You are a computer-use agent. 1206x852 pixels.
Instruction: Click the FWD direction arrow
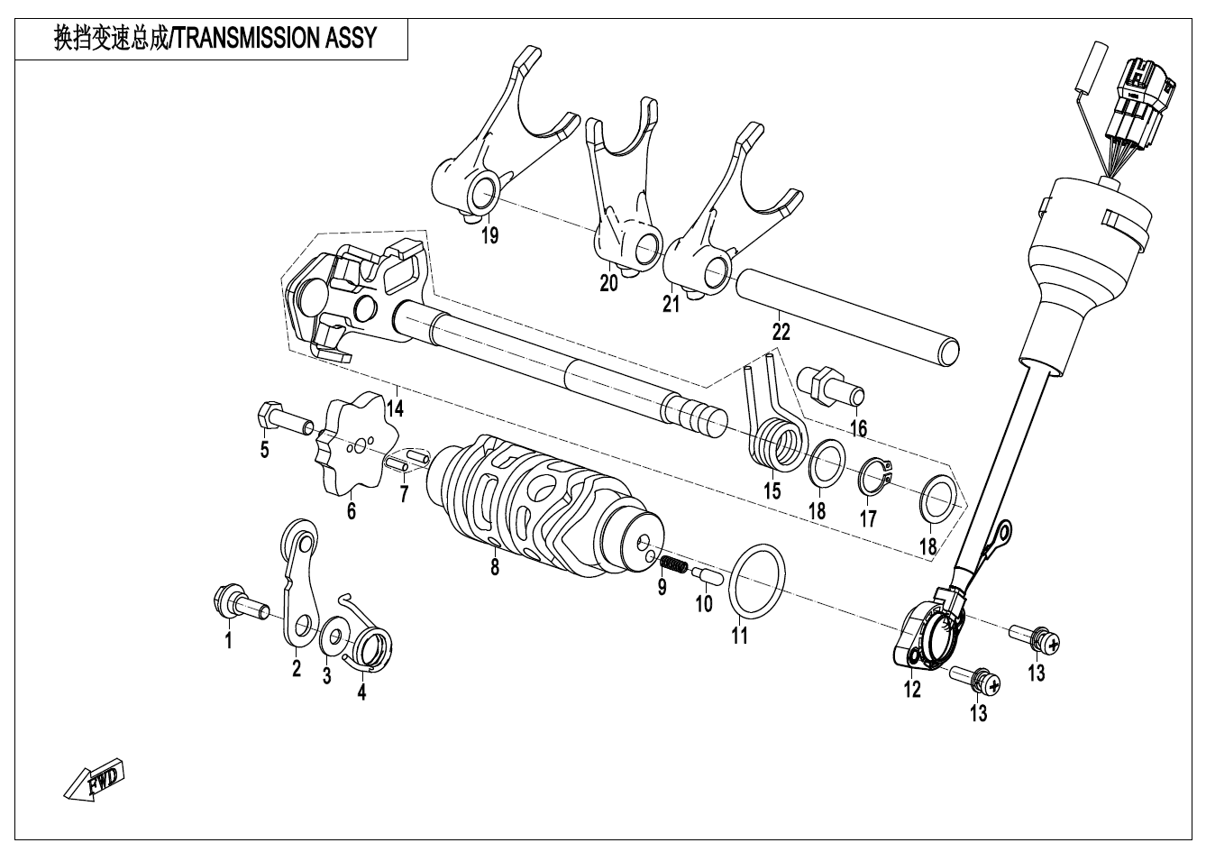pyautogui.click(x=96, y=780)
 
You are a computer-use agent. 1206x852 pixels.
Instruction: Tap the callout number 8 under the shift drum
pyautogui.click(x=494, y=568)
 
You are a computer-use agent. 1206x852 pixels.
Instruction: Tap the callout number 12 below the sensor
pyautogui.click(x=912, y=690)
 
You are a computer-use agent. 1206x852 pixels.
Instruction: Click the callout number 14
pyautogui.click(x=395, y=408)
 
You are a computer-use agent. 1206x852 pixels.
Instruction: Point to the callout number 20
pyautogui.click(x=609, y=283)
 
